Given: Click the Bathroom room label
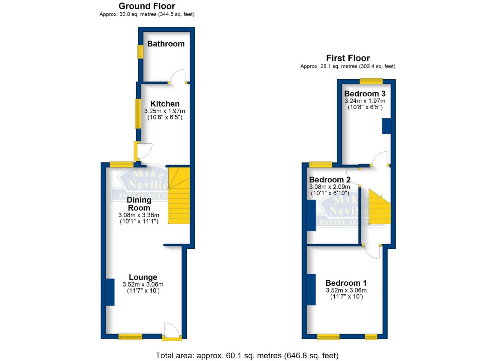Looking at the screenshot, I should tap(166, 44).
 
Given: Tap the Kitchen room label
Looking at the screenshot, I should tap(165, 104).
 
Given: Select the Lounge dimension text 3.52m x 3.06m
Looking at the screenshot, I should tap(143, 284).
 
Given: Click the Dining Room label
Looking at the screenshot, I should tap(139, 204).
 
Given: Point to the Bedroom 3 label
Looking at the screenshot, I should tap(365, 94).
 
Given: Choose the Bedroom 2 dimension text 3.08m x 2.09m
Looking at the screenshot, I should tap(330, 187).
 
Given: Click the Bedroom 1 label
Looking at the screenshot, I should tap(346, 283).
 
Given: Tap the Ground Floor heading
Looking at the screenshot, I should tap(147, 6).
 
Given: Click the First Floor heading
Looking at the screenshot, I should tap(348, 58).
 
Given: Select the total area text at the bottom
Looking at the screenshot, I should tap(247, 355).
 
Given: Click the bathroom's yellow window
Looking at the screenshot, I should tap(140, 52).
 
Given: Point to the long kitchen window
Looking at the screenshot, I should tap(138, 114).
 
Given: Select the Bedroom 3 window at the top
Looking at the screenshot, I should tap(371, 81).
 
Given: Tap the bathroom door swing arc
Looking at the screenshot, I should tap(177, 76).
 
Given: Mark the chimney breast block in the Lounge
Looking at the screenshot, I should tap(110, 292).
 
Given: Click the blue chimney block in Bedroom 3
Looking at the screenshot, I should tap(387, 126).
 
